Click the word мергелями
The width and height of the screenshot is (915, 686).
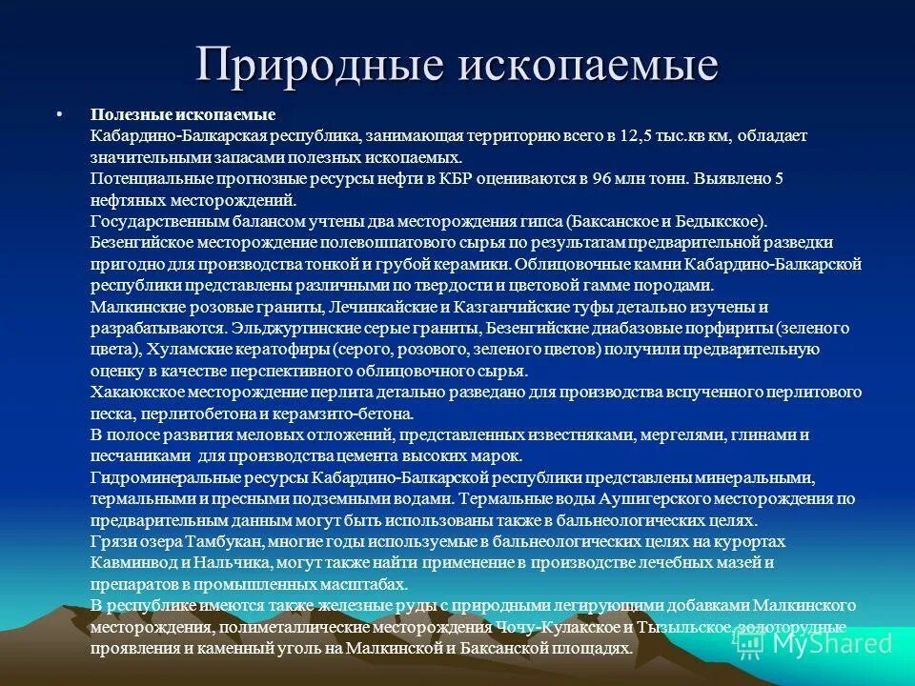coord(681,435)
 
